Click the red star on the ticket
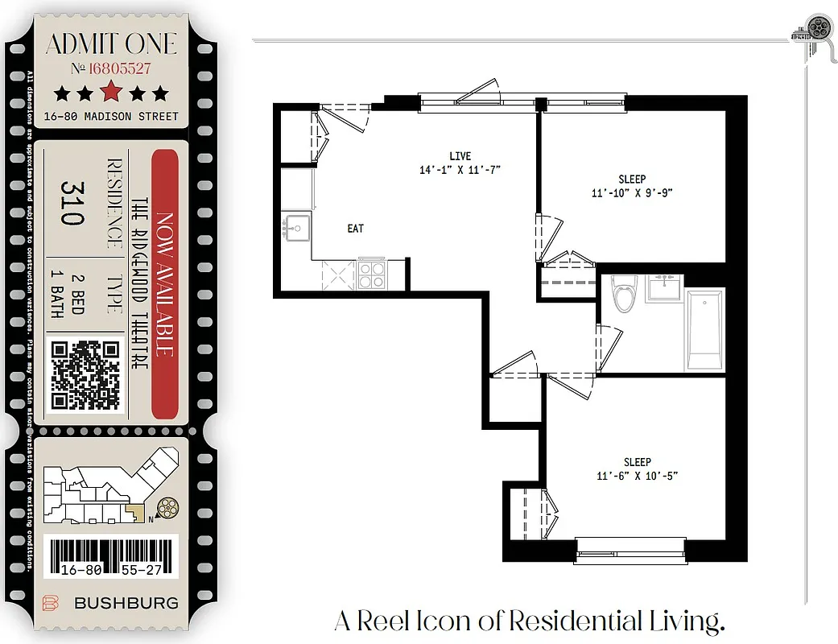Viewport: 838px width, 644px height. point(111,92)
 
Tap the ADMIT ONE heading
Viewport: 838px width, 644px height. point(111,43)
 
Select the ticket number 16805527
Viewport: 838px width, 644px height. point(119,69)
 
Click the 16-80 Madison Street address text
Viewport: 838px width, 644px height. point(111,116)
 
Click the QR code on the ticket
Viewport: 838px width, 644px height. point(85,375)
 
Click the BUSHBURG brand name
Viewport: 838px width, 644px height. point(126,603)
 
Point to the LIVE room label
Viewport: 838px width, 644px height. point(460,156)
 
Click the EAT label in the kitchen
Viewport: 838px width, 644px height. point(355,229)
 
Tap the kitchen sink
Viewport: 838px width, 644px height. point(296,228)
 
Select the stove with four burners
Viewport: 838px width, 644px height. point(371,275)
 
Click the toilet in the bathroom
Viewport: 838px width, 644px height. point(623,295)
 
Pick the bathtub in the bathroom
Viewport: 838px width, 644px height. point(704,329)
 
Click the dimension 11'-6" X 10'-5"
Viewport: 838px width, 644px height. point(637,476)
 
